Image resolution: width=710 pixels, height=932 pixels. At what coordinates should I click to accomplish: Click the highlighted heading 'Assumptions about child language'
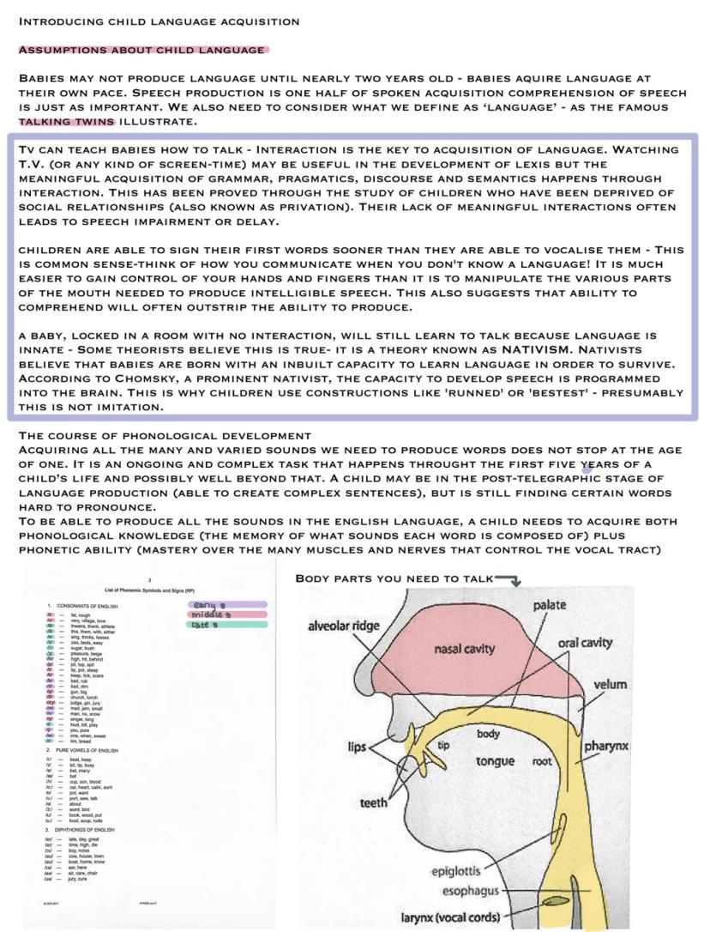[142, 50]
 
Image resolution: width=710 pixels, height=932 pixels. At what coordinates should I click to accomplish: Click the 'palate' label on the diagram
[550, 605]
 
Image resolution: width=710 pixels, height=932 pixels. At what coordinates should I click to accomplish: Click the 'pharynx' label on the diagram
[606, 746]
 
